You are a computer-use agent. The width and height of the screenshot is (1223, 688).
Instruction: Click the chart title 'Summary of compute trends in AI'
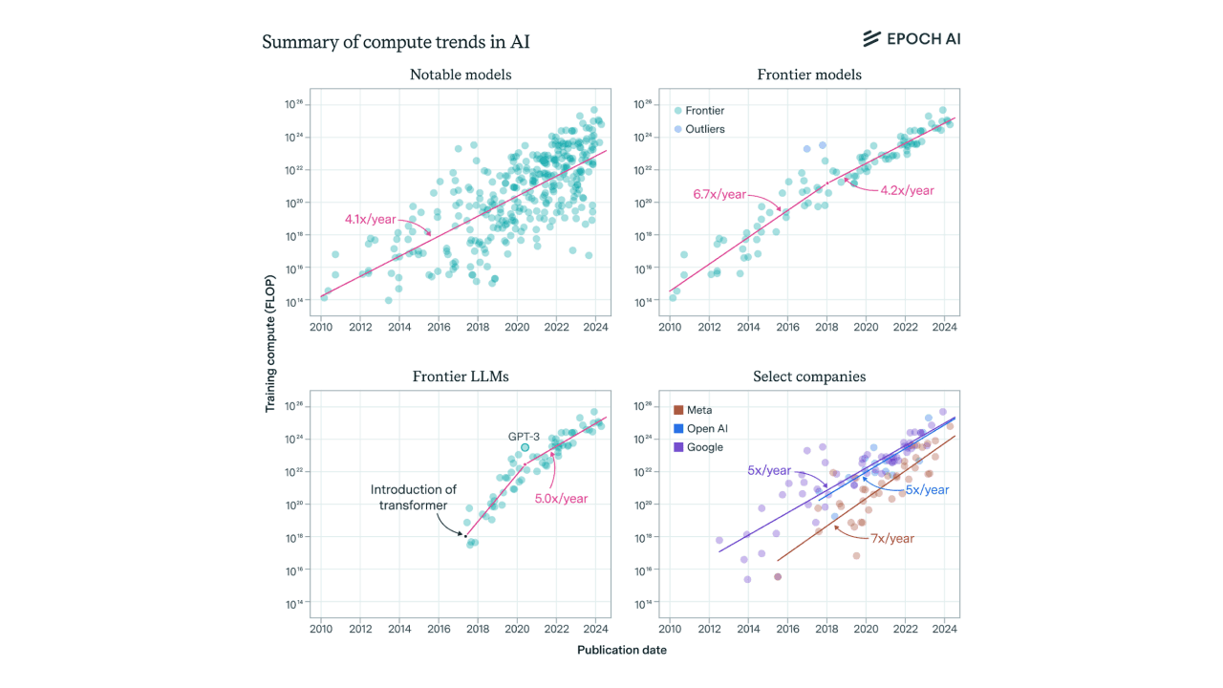[396, 42]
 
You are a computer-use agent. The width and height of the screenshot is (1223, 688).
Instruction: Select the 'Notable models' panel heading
[461, 75]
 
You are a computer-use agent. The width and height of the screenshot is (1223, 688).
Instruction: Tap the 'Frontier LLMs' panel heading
[461, 376]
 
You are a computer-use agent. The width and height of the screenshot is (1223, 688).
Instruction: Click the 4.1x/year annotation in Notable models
[371, 220]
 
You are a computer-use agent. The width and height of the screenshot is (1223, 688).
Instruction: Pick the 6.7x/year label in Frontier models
[719, 194]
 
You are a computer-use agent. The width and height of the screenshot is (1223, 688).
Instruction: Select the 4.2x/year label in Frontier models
[908, 190]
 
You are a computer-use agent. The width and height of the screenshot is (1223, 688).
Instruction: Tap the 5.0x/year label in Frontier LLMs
[561, 498]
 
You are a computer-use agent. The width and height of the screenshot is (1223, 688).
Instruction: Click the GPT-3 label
[524, 436]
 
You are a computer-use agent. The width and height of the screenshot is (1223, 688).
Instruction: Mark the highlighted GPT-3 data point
[525, 447]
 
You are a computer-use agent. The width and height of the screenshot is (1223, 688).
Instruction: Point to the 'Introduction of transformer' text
[414, 497]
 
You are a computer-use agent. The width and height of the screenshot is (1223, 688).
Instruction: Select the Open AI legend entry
[700, 429]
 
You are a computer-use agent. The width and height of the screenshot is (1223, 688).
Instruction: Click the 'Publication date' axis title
[621, 650]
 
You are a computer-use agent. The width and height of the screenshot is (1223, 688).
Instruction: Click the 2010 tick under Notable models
[320, 327]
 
